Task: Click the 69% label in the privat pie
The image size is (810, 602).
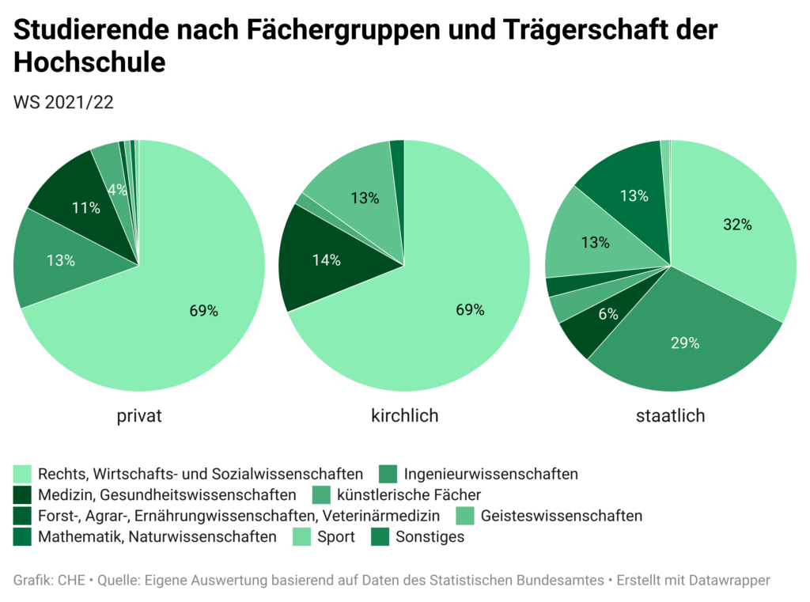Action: pyautogui.click(x=203, y=311)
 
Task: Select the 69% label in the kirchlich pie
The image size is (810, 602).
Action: pyautogui.click(x=469, y=309)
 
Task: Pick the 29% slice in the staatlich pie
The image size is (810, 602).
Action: pyautogui.click(x=685, y=343)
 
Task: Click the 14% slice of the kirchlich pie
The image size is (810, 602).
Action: pyautogui.click(x=325, y=260)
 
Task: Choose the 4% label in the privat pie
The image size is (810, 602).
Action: pyautogui.click(x=117, y=190)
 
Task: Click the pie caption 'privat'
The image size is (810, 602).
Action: pyautogui.click(x=139, y=415)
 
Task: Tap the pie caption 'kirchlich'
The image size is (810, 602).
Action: pyautogui.click(x=405, y=415)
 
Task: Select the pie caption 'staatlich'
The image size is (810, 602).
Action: pyautogui.click(x=671, y=415)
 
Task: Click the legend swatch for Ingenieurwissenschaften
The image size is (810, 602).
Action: pyautogui.click(x=388, y=475)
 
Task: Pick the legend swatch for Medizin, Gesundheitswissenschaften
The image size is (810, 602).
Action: pyautogui.click(x=22, y=495)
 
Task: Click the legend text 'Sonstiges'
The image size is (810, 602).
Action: pyautogui.click(x=430, y=537)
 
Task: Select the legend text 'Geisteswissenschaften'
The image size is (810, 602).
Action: pyautogui.click(x=561, y=517)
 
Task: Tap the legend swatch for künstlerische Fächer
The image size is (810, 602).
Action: pyautogui.click(x=322, y=495)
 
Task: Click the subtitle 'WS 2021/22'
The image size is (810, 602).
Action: pyautogui.click(x=64, y=103)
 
